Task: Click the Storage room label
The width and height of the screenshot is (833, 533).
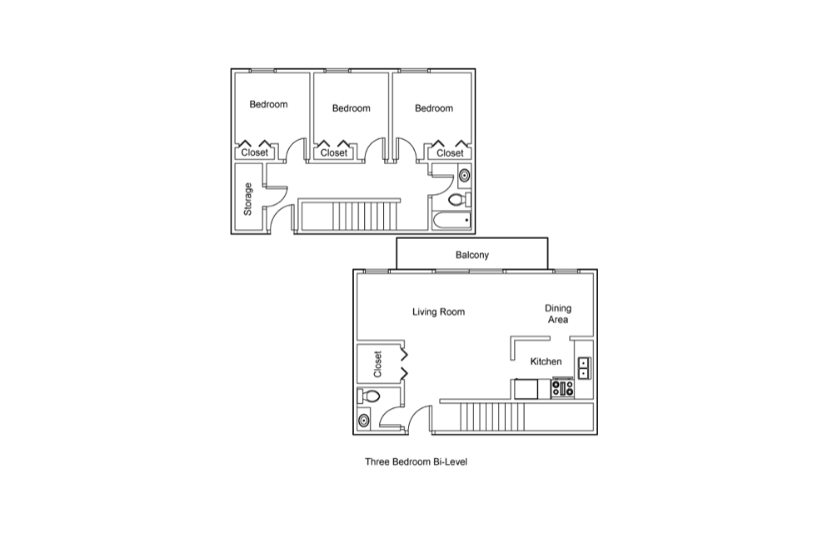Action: click(x=247, y=199)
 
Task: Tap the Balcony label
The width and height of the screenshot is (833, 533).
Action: click(x=472, y=255)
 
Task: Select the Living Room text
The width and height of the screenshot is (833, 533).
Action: click(x=438, y=311)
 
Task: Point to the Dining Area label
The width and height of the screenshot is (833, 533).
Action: click(x=558, y=314)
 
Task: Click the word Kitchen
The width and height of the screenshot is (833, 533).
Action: click(x=546, y=361)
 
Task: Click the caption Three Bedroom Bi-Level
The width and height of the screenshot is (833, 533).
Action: click(x=416, y=462)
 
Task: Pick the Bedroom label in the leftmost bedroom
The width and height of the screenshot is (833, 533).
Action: click(x=268, y=105)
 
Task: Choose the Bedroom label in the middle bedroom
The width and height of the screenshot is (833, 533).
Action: click(x=352, y=108)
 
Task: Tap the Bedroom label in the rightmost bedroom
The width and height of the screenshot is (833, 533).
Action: click(x=434, y=108)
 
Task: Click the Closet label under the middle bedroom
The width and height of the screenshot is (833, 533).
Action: click(x=334, y=153)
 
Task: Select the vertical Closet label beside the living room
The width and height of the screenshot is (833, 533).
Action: click(x=377, y=364)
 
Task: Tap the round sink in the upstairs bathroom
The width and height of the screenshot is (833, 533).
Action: click(x=464, y=175)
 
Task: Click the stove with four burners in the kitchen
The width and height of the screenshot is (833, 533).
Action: click(x=562, y=388)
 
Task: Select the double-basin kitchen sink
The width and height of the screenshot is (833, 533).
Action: click(x=584, y=368)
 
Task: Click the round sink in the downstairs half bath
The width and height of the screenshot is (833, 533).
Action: click(x=364, y=421)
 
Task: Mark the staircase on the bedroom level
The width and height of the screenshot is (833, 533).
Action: click(x=348, y=215)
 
